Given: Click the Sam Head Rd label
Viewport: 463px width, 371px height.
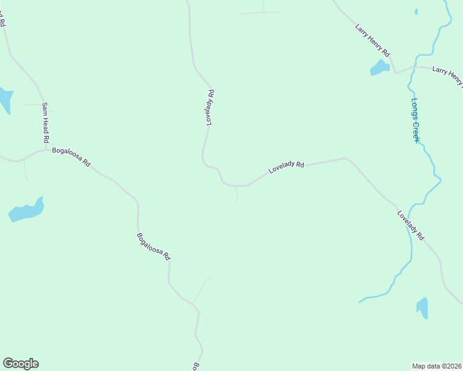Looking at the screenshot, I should click(x=45, y=123).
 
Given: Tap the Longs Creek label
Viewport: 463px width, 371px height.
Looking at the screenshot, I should click(x=415, y=121).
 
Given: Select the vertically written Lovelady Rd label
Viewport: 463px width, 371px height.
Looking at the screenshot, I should click(x=210, y=108).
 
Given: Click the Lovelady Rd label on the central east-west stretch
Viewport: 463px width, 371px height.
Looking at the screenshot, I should click(x=286, y=168).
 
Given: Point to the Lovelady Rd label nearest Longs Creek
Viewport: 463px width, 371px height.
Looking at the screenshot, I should click(x=410, y=226).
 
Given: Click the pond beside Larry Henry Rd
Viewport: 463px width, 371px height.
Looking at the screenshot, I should click(x=379, y=67).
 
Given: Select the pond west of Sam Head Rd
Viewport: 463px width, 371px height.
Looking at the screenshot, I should click(x=4, y=100).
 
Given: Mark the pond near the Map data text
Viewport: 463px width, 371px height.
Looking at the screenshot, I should click(x=422, y=307).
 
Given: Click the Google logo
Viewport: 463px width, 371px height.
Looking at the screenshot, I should click(x=20, y=364).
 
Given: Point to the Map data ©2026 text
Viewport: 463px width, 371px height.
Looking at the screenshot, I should click(x=436, y=365).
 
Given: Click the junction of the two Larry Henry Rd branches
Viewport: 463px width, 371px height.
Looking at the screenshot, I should click(x=395, y=72).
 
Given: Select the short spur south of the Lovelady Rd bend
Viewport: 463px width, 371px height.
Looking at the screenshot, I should click(x=236, y=194).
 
